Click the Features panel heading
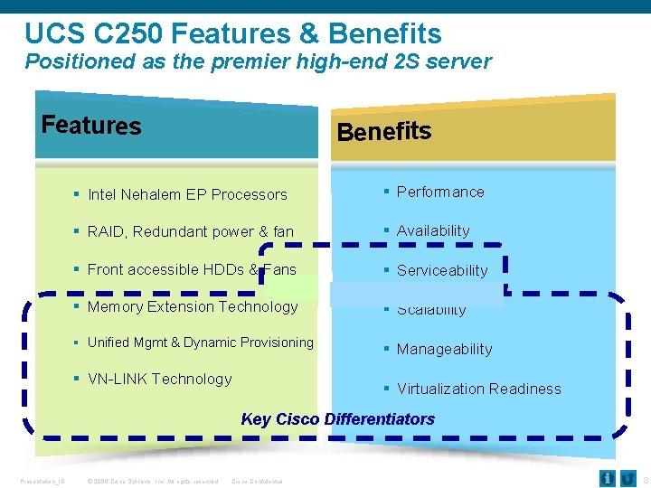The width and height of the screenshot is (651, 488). click(x=91, y=125)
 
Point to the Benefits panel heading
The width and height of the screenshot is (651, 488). click(x=383, y=132)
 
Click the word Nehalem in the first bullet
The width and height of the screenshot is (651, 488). click(x=152, y=194)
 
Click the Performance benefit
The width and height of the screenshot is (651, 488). click(x=440, y=192)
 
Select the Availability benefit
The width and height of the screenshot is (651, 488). click(x=433, y=230)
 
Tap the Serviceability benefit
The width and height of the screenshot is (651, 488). click(x=442, y=270)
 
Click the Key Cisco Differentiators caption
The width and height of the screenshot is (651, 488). click(x=337, y=419)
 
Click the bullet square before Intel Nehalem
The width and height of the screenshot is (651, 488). click(x=78, y=193)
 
